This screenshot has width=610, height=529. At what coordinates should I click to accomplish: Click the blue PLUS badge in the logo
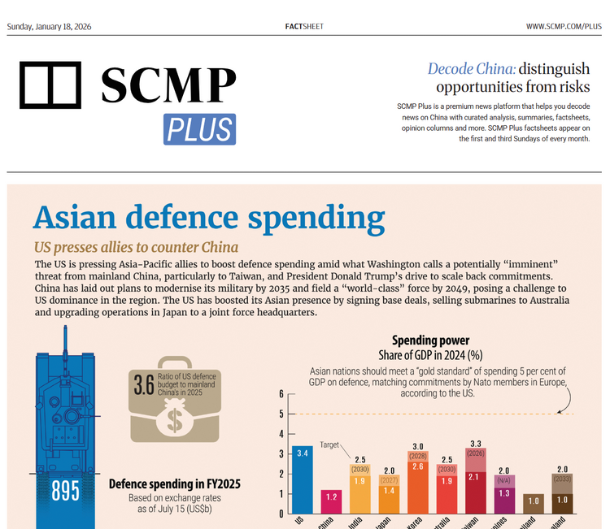(199, 129)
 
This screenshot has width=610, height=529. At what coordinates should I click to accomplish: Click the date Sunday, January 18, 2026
(49, 27)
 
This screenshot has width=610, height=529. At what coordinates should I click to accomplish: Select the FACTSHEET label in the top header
(304, 27)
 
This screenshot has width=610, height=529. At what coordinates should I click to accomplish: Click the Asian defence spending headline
(208, 218)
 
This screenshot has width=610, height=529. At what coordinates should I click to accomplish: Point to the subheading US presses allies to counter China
(136, 247)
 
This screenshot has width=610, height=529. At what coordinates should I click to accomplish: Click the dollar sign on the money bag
(175, 419)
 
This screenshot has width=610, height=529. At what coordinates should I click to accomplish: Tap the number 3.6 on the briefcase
(144, 384)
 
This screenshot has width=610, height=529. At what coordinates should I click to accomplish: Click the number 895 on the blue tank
(65, 492)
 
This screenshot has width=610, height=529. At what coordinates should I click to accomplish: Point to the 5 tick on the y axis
(281, 414)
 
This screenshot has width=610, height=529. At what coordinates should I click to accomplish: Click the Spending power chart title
(430, 340)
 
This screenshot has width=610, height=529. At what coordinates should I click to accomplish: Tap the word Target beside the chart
(329, 445)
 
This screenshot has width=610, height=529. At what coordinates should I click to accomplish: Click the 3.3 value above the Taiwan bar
(476, 443)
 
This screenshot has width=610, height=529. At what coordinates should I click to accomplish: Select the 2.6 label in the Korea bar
(417, 466)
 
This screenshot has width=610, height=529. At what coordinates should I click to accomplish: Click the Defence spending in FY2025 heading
(174, 484)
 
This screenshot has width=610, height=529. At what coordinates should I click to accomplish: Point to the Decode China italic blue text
(472, 68)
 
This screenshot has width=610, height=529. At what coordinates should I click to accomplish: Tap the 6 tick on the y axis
(281, 394)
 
